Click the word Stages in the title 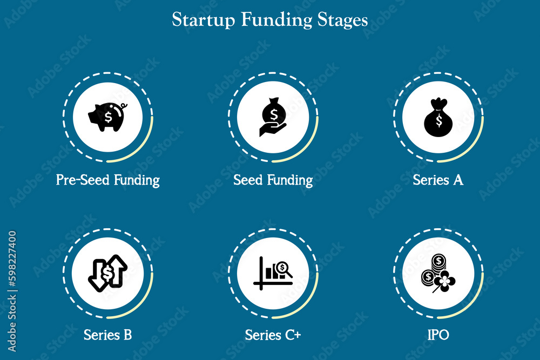click(342, 20)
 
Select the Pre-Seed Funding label click(107, 180)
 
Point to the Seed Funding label click(273, 180)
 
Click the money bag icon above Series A click(438, 118)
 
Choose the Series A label click(438, 180)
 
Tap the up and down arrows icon click(107, 273)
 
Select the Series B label click(107, 335)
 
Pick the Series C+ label click(273, 335)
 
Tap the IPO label click(438, 335)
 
